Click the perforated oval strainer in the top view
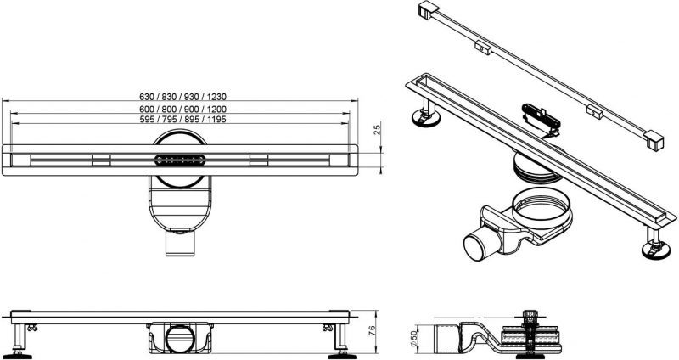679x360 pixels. click(x=179, y=158)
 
